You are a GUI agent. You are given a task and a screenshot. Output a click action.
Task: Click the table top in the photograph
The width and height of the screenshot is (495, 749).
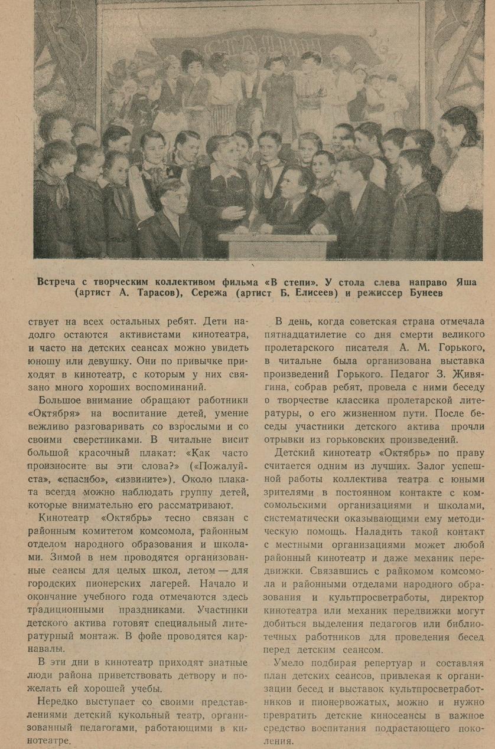278,237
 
